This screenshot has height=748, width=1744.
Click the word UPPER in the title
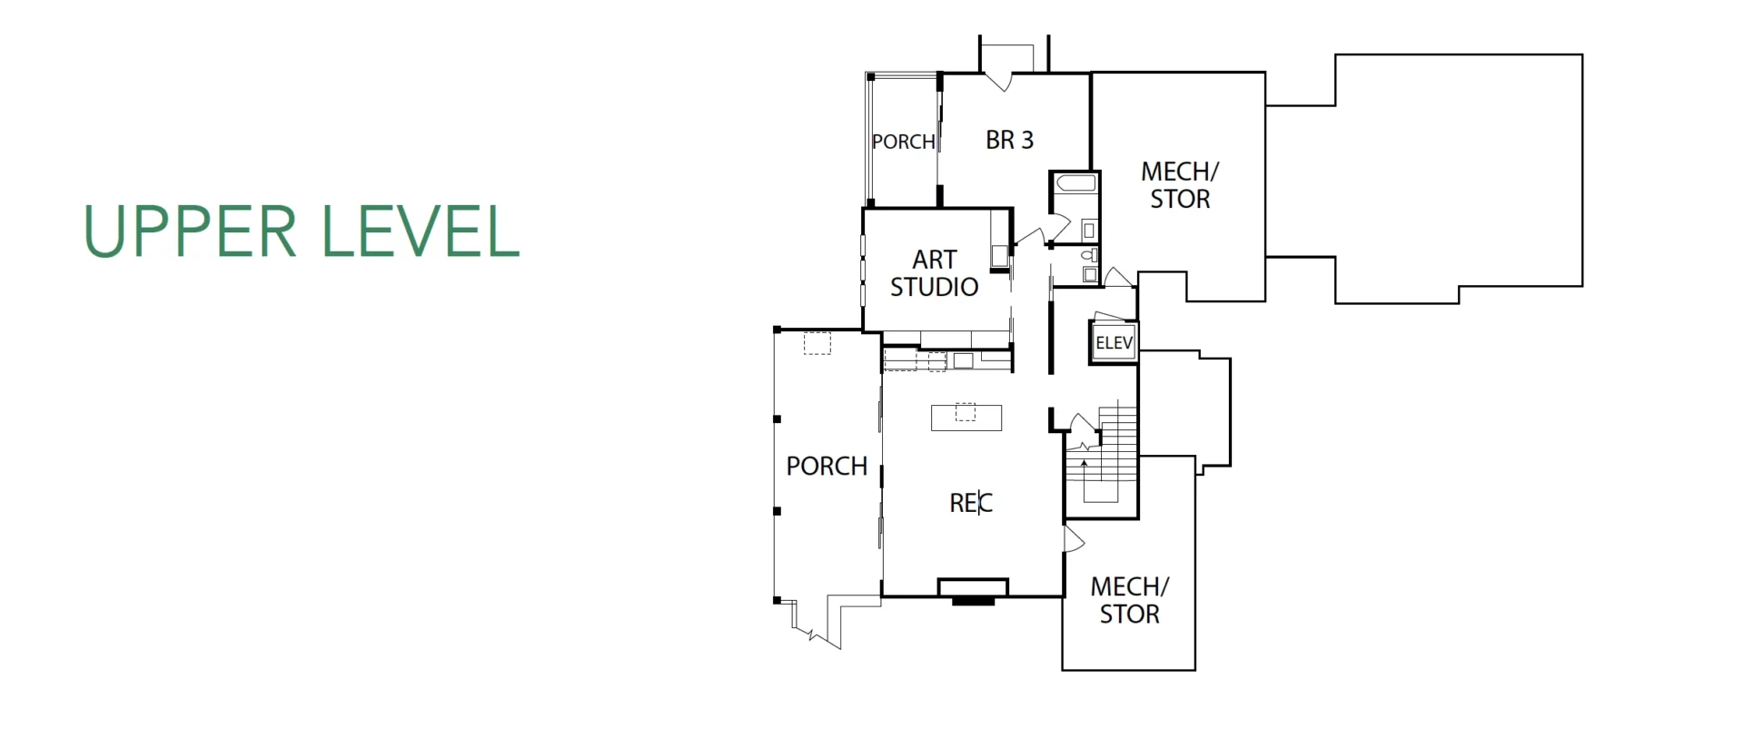[x=190, y=231]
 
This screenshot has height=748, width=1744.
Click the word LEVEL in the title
[x=421, y=231]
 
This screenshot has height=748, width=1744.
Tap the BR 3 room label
[x=1010, y=140]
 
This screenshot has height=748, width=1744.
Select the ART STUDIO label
[x=934, y=273]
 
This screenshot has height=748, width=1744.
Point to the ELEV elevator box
[x=1114, y=343]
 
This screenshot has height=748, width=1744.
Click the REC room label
[x=971, y=503]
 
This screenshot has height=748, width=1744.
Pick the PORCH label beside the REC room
[x=827, y=466]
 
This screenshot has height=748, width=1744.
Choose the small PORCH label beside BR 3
[x=903, y=142]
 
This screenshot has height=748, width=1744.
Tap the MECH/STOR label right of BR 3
[x=1180, y=185]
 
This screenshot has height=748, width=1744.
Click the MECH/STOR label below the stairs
[x=1130, y=600]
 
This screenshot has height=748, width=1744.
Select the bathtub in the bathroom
[x=1076, y=183]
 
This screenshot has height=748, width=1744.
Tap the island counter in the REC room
[x=966, y=418]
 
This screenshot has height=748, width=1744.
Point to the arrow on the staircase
[x=1084, y=468]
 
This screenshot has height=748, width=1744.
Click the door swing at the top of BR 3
[x=998, y=80]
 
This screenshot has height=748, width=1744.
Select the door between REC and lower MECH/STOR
[x=1074, y=539]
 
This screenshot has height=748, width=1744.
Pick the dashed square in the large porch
[x=817, y=343]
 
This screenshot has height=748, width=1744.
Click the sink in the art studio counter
[x=964, y=360]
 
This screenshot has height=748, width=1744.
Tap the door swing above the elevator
[x=1117, y=277]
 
